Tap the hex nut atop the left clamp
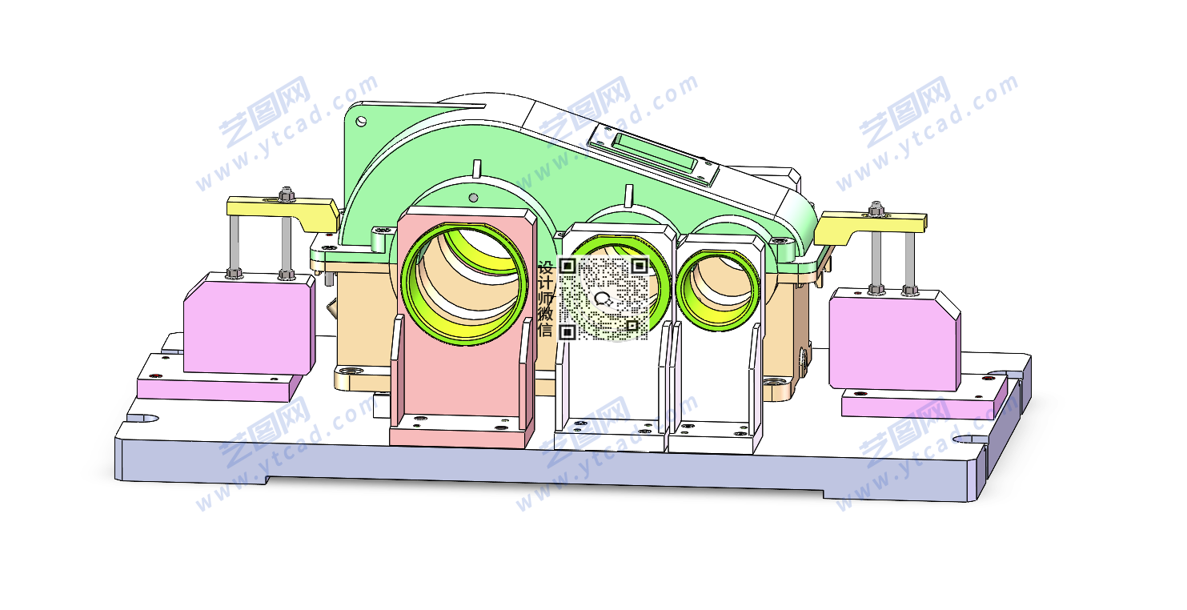(287, 193)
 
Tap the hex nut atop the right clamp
(876, 208)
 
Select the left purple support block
(249, 323)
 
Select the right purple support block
(895, 339)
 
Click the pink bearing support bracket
(462, 328)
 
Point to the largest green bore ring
(464, 283)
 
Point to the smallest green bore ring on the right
(719, 291)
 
